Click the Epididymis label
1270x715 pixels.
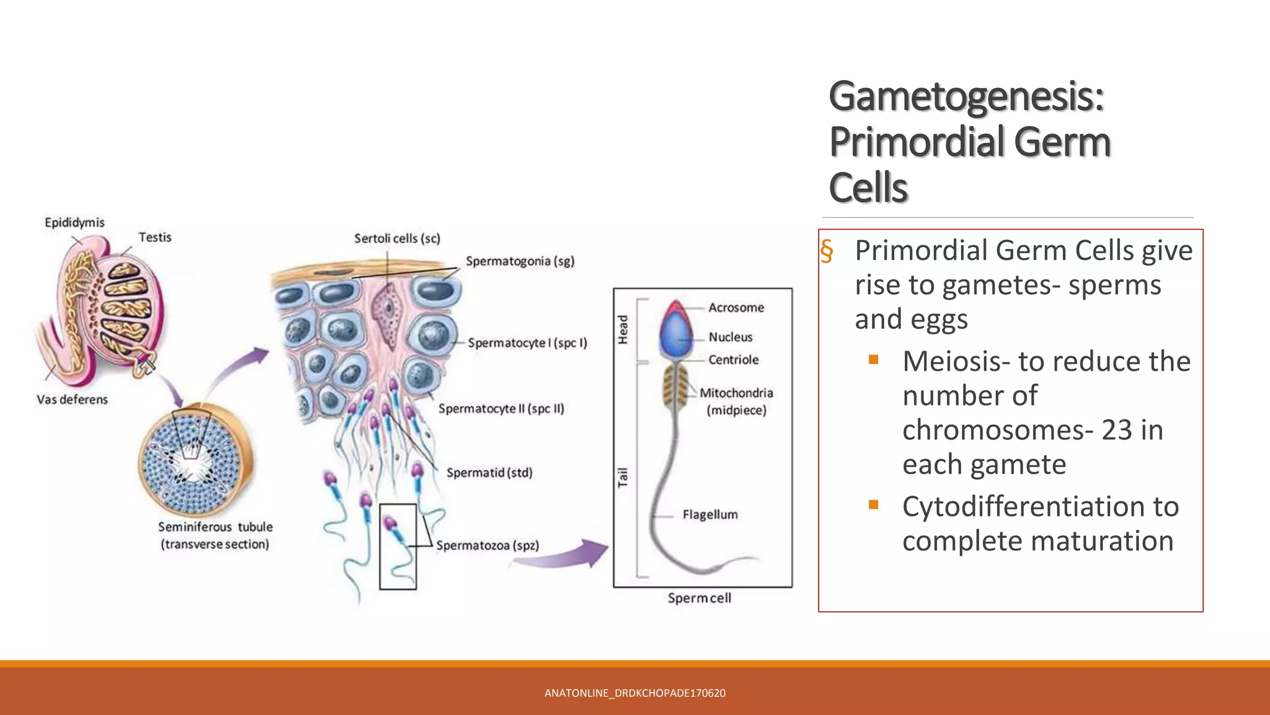tap(74, 222)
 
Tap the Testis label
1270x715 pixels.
tap(154, 237)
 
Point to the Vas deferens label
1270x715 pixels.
tap(72, 399)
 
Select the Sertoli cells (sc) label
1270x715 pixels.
tap(397, 238)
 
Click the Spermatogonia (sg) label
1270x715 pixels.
tap(520, 261)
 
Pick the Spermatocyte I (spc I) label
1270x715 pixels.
tap(527, 343)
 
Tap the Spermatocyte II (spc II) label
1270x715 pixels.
tap(501, 408)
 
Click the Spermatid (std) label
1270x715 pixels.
tap(489, 472)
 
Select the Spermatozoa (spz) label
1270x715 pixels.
tap(487, 545)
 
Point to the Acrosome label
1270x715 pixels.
tap(736, 307)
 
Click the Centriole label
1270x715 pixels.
tap(734, 359)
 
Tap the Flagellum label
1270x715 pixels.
tap(710, 515)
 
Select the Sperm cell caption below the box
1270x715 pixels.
tap(699, 598)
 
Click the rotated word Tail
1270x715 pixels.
tap(623, 477)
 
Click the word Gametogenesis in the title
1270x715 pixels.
tap(966, 97)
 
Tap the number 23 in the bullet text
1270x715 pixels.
tap(1117, 429)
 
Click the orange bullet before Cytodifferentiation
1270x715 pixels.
tap(874, 505)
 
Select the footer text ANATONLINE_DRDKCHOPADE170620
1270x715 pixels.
tap(634, 693)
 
